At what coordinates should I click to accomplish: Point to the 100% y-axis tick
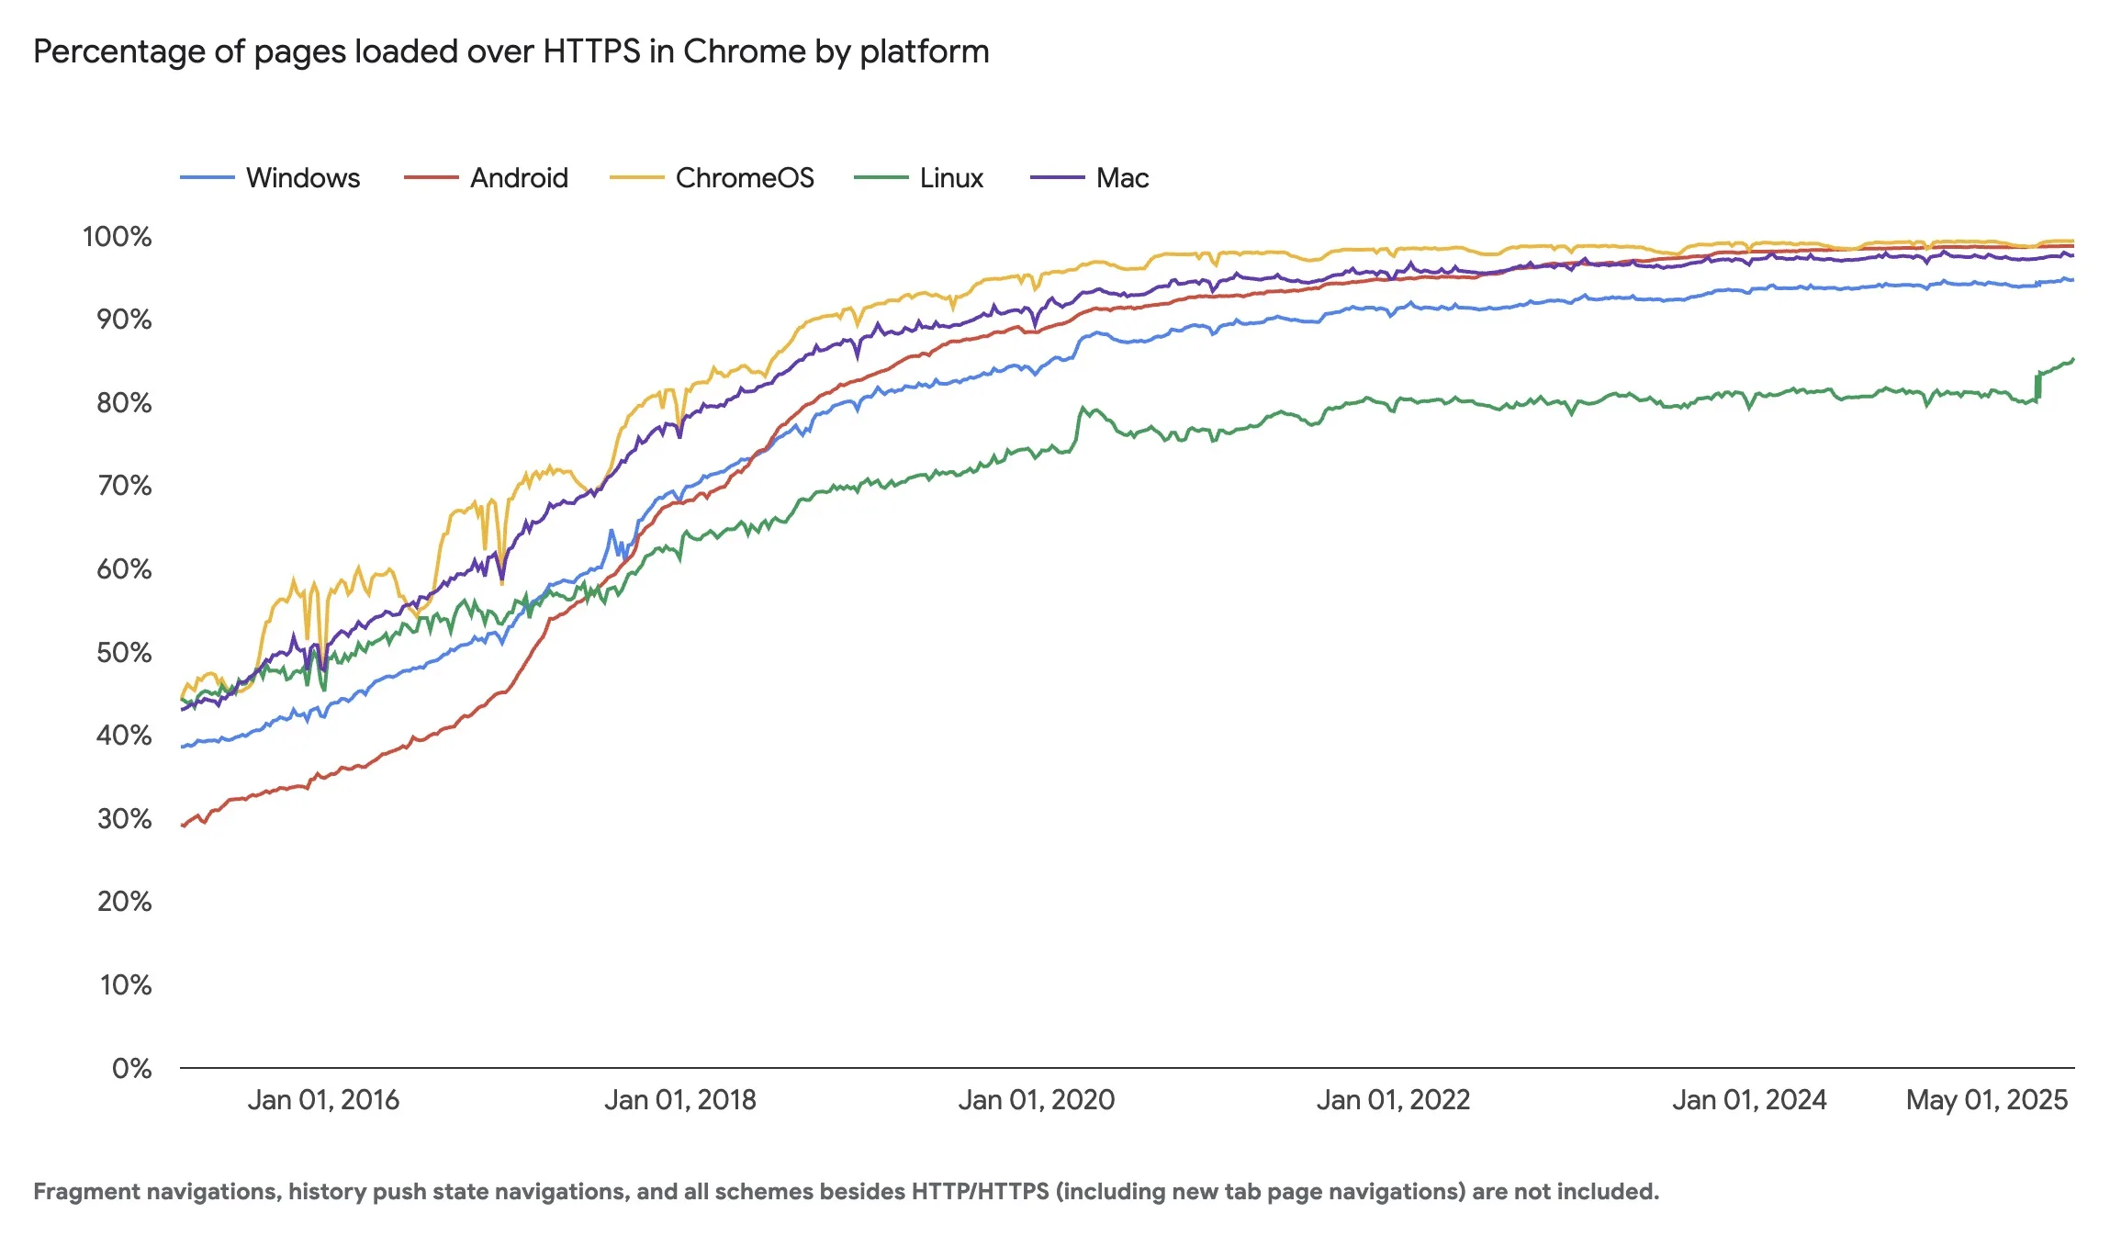coord(118,237)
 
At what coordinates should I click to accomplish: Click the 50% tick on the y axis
coord(124,653)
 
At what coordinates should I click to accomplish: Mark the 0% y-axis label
coord(132,1069)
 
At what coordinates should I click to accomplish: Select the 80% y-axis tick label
coord(124,403)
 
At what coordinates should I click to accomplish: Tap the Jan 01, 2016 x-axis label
coord(323,1100)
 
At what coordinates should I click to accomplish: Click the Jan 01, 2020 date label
coord(1036,1100)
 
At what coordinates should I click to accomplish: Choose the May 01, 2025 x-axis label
coord(1986,1100)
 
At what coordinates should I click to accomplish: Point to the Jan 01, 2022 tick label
coord(1393,1100)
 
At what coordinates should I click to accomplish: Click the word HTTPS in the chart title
coord(591,51)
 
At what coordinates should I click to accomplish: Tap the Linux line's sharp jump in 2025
coord(2037,386)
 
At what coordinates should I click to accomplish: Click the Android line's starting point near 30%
coord(184,826)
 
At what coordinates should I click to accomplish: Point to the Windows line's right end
coord(2071,280)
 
